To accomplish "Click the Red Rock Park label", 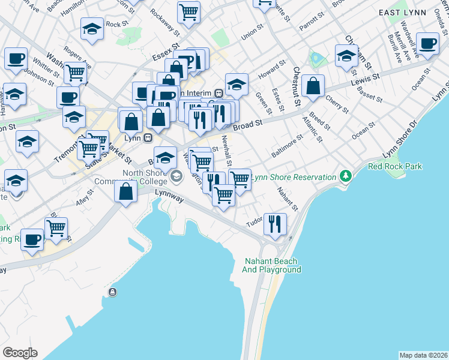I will coord(395,166).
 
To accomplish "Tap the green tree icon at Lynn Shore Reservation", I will coord(345,176).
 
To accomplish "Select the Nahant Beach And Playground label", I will coord(273,265).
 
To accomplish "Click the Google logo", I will coord(20,353).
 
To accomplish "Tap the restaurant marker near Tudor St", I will coord(276,223).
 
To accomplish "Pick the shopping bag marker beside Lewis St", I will coord(313,86).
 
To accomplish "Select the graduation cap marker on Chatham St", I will coord(346,56).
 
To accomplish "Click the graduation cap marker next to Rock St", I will coord(92,29).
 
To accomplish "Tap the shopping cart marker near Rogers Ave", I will coord(75,73).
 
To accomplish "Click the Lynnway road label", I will coord(167,193).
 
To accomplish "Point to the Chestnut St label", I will coord(297,86).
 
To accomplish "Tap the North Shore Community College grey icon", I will coord(176,175).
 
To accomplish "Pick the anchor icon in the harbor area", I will coord(112,292).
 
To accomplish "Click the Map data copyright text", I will coord(423,355).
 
